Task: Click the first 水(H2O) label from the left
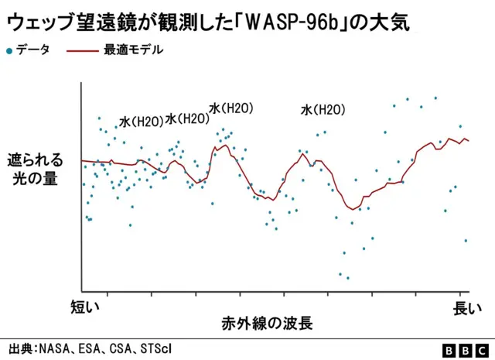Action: pyautogui.click(x=141, y=122)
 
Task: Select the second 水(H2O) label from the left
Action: pyautogui.click(x=187, y=119)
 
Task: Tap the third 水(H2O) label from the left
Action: pyautogui.click(x=231, y=108)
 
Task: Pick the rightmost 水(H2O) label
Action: pyautogui.click(x=323, y=110)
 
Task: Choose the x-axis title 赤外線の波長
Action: pyautogui.click(x=267, y=323)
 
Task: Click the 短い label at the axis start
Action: pyautogui.click(x=85, y=307)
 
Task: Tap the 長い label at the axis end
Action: pyautogui.click(x=467, y=307)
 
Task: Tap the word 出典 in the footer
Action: pyautogui.click(x=20, y=348)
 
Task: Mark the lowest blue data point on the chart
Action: pyautogui.click(x=348, y=277)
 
